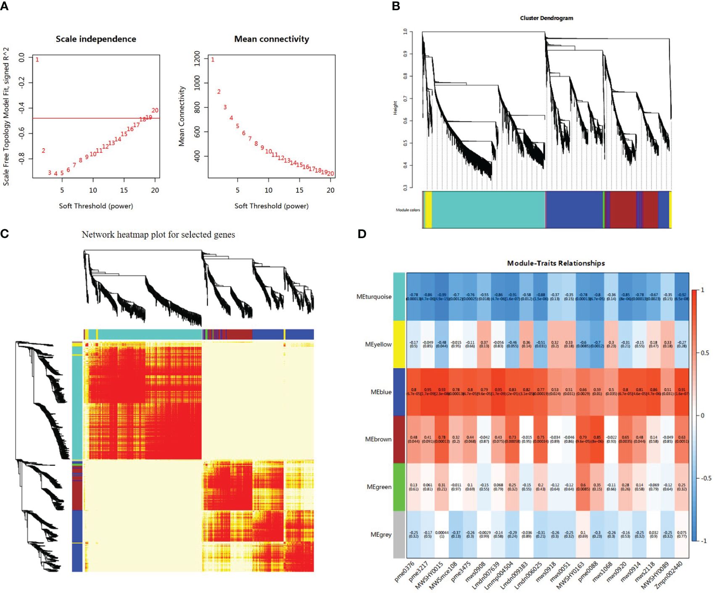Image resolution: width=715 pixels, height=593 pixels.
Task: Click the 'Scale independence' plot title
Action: (x=96, y=39)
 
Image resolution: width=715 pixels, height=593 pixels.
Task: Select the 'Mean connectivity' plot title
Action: (x=272, y=39)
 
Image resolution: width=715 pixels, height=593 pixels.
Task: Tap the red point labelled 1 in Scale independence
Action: (x=37, y=60)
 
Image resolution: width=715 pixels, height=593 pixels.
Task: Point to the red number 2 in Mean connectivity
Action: (x=219, y=92)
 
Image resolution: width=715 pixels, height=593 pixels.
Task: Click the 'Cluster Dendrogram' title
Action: (x=546, y=18)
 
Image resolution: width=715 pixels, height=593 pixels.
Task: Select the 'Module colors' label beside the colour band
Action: (x=408, y=210)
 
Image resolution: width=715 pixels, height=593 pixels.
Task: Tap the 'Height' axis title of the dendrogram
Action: (x=395, y=108)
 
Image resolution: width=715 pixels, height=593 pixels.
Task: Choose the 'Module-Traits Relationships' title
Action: (x=556, y=263)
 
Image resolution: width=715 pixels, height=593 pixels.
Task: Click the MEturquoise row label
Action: (x=374, y=296)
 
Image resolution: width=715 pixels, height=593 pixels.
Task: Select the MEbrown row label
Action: (x=378, y=439)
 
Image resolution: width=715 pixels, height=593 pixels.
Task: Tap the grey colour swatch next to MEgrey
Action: (x=399, y=534)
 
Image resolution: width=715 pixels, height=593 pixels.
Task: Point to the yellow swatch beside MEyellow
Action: (x=399, y=344)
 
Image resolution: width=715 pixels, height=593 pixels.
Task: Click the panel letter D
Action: (x=362, y=234)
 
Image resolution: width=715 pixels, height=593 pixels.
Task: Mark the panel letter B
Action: (x=396, y=6)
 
